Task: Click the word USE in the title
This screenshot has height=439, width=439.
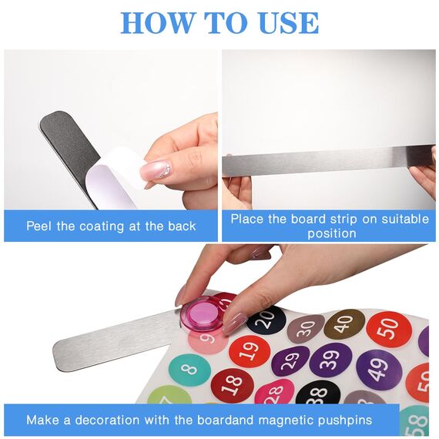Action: (x=289, y=22)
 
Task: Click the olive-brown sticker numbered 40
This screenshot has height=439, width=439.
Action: (x=344, y=324)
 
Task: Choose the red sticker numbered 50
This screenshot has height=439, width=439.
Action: (x=389, y=330)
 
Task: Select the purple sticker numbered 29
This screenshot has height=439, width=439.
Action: (x=291, y=362)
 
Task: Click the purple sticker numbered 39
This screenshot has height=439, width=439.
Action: (x=330, y=361)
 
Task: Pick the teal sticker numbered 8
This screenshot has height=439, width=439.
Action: (x=189, y=370)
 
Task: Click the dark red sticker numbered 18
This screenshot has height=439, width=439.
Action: (x=233, y=386)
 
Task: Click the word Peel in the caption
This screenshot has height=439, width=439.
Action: (x=39, y=226)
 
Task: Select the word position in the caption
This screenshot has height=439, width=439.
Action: (x=332, y=233)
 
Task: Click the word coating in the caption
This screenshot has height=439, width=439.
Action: (x=102, y=226)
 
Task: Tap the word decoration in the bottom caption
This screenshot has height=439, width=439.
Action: (x=107, y=420)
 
